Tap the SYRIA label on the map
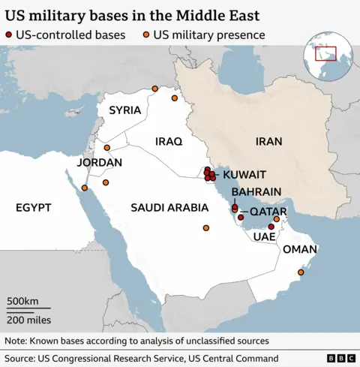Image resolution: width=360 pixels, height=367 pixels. [124, 110]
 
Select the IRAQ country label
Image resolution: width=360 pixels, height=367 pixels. [169, 141]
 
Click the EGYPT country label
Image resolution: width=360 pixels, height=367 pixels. [33, 206]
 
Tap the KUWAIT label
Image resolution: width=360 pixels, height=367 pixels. [244, 174]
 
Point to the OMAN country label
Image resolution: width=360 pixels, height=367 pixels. [300, 249]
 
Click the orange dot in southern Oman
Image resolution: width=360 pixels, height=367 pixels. [301, 272]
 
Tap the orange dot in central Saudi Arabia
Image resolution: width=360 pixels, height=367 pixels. [206, 228]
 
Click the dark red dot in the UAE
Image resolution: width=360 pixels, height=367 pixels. [271, 226]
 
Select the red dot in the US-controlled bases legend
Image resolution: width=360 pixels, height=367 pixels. [9, 35]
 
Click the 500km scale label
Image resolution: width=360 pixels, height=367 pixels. [22, 301]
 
